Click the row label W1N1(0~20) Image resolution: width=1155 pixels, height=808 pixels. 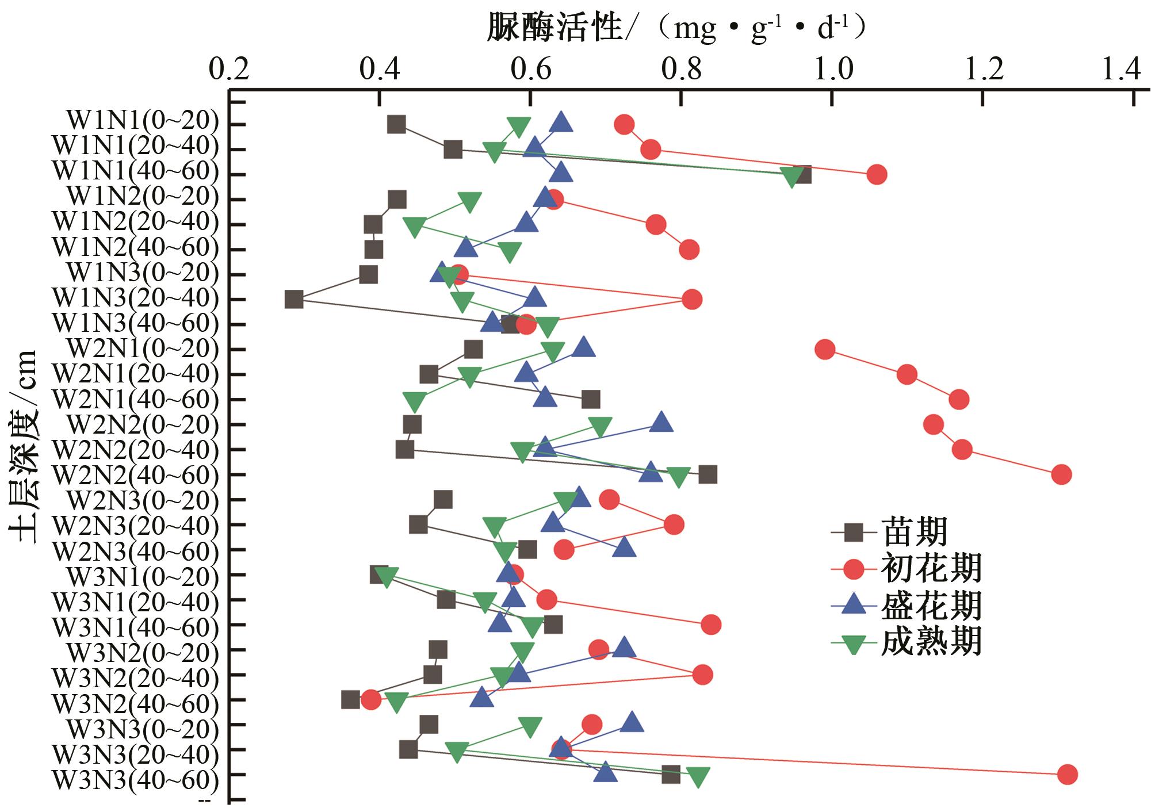pyautogui.click(x=143, y=121)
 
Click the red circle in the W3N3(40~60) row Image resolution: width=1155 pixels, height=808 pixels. pyautogui.click(x=1067, y=775)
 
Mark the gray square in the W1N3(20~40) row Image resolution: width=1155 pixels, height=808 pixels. pyautogui.click(x=294, y=300)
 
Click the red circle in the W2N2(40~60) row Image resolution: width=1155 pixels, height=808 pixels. pyautogui.click(x=1061, y=475)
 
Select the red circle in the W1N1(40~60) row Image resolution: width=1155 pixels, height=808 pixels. pyautogui.click(x=877, y=174)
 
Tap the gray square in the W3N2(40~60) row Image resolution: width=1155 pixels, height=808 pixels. pyautogui.click(x=350, y=700)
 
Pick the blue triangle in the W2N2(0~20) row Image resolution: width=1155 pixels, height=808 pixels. pyautogui.click(x=661, y=423)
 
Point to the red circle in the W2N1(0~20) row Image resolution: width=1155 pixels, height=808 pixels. pyautogui.click(x=825, y=350)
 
